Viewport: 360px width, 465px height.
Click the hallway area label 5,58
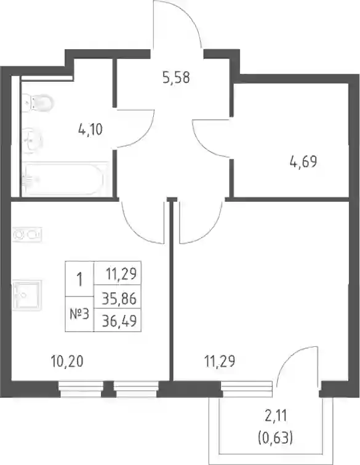pos(176,77)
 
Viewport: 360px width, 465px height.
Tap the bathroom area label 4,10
pos(90,130)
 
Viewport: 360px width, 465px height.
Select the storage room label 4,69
pos(303,162)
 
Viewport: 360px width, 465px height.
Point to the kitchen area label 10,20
pos(67,362)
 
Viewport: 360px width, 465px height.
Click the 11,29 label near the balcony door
pos(220,362)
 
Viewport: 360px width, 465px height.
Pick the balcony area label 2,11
pos(276,416)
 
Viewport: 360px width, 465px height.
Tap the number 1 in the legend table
pos(79,279)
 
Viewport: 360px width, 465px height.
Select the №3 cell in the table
pos(79,314)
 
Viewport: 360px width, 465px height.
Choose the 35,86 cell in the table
pos(119,298)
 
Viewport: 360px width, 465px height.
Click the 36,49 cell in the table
pos(119,320)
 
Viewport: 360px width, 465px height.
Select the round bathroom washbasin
pos(33,140)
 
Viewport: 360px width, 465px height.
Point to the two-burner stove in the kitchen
pos(27,234)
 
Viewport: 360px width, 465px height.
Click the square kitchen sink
pos(26,295)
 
